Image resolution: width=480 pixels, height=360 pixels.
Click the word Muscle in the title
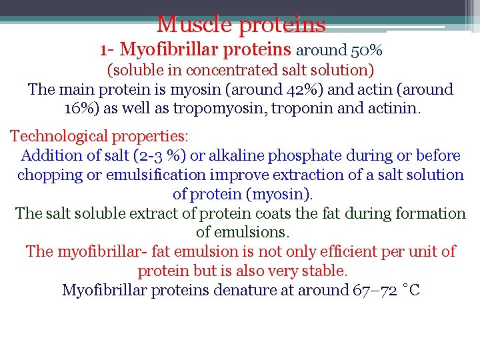tap(194, 25)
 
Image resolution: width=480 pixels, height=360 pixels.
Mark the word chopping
tap(49, 175)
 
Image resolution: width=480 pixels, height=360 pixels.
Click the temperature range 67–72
tap(377, 290)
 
